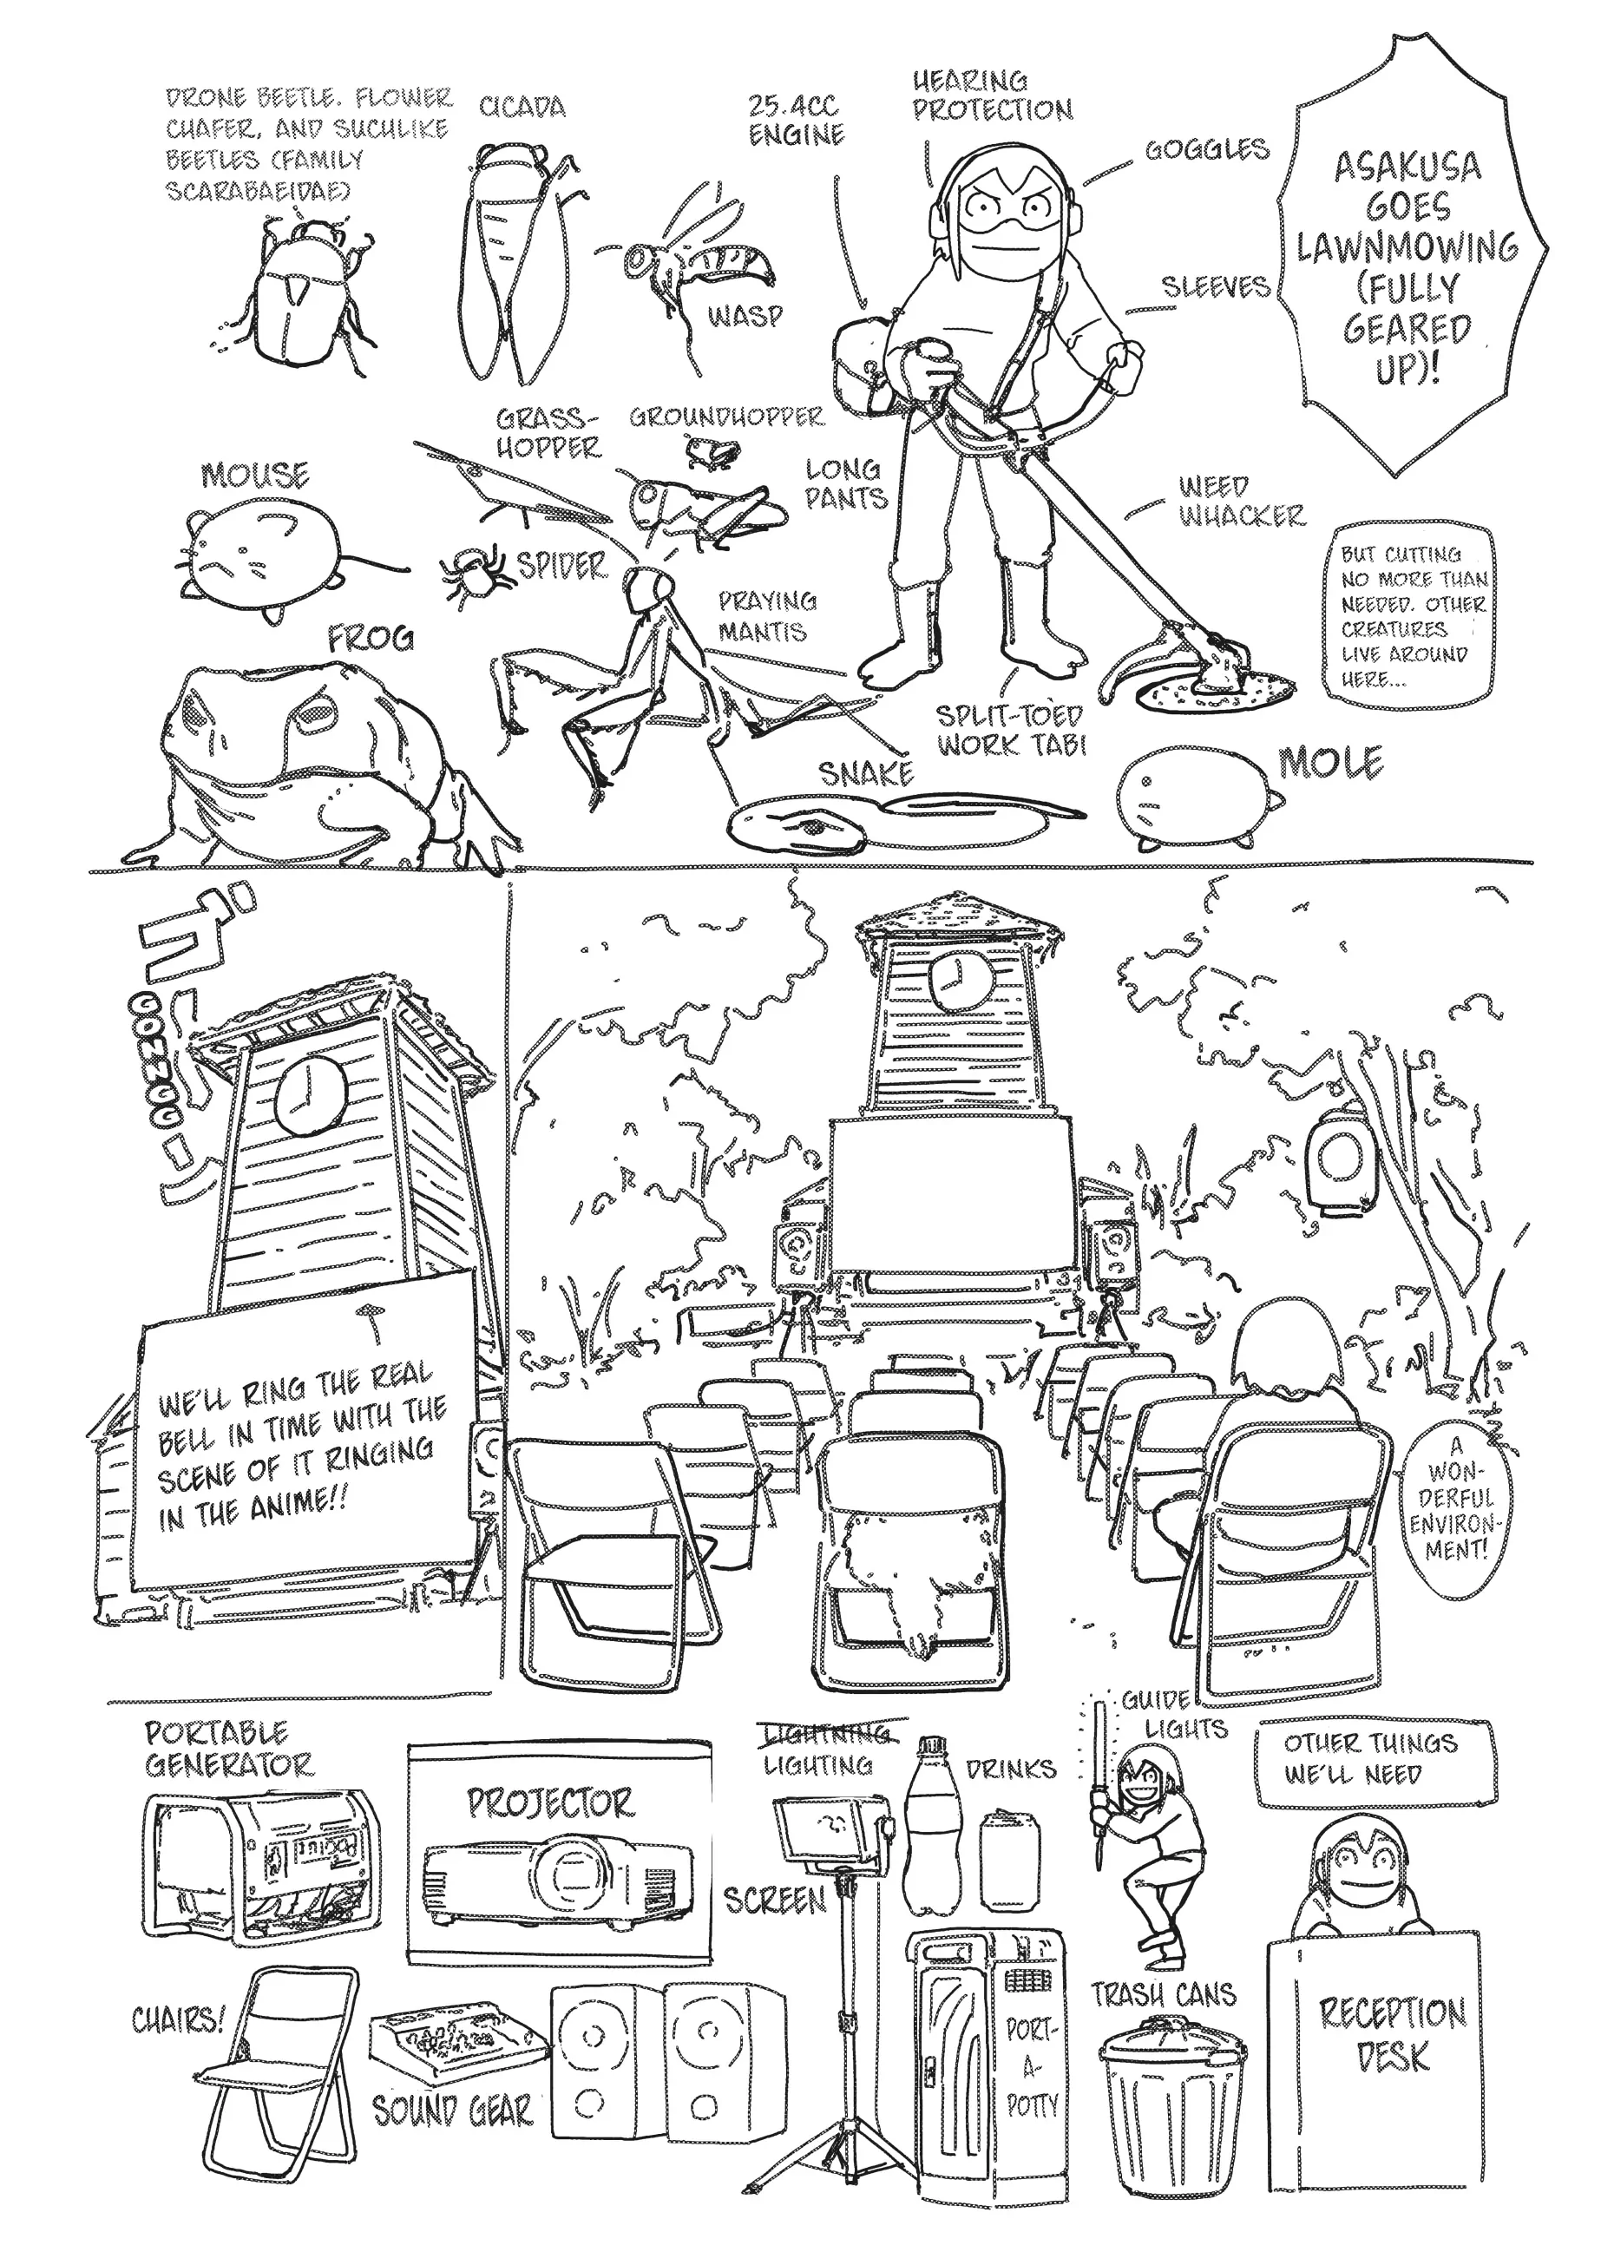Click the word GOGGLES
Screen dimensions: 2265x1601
tap(1205, 150)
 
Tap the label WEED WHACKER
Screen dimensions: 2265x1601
tap(1240, 501)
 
